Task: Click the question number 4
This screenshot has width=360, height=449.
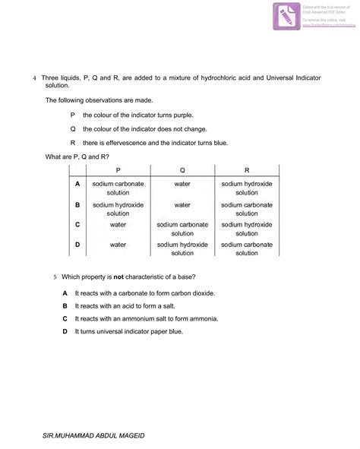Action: (34, 78)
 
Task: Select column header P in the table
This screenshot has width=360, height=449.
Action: (118, 171)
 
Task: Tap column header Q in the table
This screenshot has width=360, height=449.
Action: (182, 171)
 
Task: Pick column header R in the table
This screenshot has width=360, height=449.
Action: (247, 171)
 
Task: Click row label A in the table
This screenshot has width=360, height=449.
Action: (77, 184)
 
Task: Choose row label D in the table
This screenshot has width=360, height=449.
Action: (77, 245)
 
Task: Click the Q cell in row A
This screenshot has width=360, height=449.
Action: (182, 184)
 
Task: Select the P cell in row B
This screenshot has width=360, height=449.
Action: (118, 209)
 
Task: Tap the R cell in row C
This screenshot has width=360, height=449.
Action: (247, 229)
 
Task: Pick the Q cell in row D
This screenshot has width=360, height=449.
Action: (182, 249)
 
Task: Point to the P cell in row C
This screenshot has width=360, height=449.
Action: (118, 225)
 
